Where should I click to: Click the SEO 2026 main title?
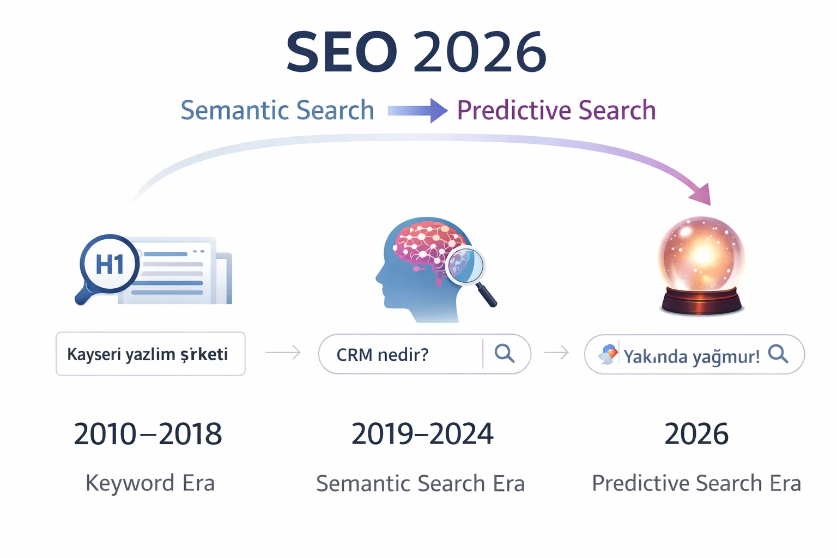[416, 52]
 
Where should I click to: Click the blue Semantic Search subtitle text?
[277, 111]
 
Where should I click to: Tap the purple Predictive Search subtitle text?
[556, 111]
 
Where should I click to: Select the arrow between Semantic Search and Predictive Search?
[417, 111]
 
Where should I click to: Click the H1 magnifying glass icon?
[110, 265]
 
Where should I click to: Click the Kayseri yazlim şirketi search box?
[150, 354]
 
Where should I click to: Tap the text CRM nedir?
[383, 355]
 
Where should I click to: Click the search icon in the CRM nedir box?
[504, 354]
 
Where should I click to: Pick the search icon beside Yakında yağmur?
[778, 354]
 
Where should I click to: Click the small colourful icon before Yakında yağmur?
[608, 354]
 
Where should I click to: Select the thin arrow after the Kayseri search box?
[283, 353]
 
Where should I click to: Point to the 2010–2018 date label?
[148, 434]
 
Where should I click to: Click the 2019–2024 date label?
[422, 434]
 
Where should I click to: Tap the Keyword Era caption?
[150, 483]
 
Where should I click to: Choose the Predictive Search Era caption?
[696, 483]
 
